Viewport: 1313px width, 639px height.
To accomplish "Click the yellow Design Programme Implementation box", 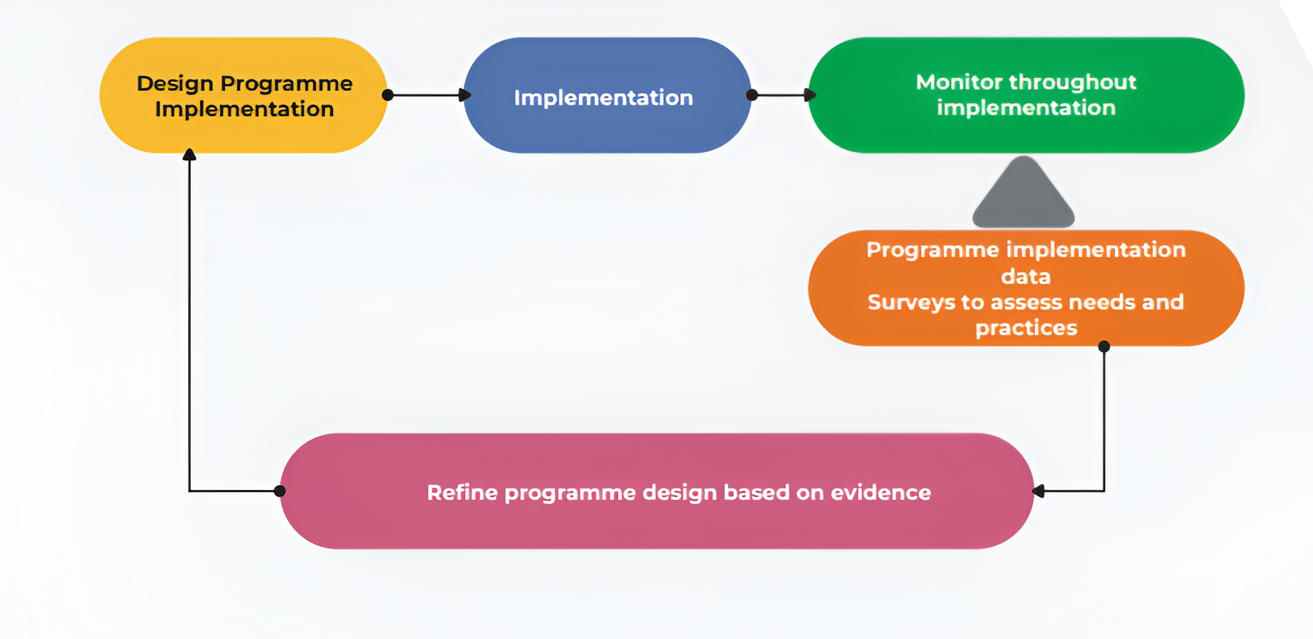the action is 243,95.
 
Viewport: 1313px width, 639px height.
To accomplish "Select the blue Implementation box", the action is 607,95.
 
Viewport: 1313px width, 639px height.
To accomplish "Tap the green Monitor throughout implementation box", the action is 1026,95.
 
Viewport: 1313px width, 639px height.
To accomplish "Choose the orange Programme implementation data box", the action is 1026,288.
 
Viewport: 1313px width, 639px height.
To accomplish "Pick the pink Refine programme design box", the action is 657,491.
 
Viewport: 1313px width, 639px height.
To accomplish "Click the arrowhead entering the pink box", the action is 1038,491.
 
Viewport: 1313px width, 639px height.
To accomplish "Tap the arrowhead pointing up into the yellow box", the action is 189,154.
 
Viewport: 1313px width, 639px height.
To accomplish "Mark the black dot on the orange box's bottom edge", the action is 1104,346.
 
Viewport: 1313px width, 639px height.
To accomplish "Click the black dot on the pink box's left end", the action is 280,491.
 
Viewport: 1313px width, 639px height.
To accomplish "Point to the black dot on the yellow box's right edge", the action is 388,95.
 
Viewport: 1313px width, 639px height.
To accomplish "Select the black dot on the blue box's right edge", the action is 752,95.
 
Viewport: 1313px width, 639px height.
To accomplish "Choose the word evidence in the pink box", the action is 881,493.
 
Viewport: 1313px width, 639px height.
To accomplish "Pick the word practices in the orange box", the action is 1026,328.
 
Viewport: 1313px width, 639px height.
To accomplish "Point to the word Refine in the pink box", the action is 462,493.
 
